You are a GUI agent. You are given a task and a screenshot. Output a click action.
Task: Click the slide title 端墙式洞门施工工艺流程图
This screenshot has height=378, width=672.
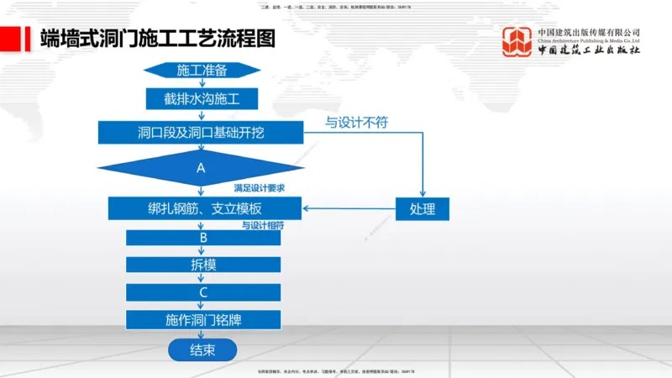[158, 39]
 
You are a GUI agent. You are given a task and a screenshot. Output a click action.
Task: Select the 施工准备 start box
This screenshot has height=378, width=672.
[202, 70]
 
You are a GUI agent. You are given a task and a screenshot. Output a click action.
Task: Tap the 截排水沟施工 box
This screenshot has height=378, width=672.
[202, 99]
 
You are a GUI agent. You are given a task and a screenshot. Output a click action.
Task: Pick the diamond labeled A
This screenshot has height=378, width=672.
[201, 168]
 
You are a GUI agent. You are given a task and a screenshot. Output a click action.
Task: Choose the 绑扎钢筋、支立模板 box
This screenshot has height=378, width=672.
[205, 208]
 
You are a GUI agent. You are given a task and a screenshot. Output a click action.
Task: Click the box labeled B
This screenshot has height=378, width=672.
[203, 238]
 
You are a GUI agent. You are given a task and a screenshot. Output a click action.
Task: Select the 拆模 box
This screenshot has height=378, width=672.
[203, 265]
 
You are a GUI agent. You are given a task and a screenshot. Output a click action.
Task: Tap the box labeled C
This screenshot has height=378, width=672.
[203, 292]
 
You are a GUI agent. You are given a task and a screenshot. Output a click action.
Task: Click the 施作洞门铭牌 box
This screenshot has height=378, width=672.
[203, 320]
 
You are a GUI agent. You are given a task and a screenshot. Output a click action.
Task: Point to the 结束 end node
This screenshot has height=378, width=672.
[202, 349]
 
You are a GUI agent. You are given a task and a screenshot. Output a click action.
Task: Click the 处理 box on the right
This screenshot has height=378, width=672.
[423, 209]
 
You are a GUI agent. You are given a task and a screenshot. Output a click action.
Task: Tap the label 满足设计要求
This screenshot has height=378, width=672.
[259, 187]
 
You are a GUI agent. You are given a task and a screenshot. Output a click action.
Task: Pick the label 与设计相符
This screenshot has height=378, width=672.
[263, 225]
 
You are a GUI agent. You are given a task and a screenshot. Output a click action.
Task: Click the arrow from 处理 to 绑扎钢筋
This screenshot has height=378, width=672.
[349, 209]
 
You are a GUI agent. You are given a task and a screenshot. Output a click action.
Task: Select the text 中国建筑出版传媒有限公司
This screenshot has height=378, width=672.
[589, 32]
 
